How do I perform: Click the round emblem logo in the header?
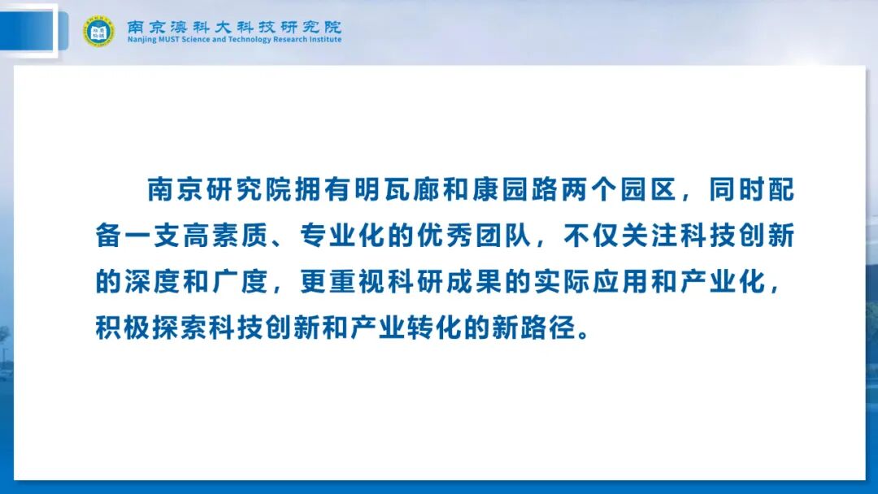coord(98,31)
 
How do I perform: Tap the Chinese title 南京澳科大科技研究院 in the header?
coord(234,26)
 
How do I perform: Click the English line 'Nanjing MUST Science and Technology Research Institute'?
coord(234,40)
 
